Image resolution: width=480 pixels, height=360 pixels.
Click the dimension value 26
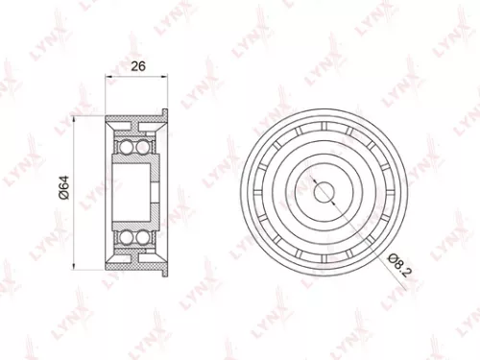(x=137, y=67)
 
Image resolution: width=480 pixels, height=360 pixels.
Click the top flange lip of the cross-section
(x=166, y=116)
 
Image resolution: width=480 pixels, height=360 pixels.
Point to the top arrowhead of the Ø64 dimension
(x=79, y=120)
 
